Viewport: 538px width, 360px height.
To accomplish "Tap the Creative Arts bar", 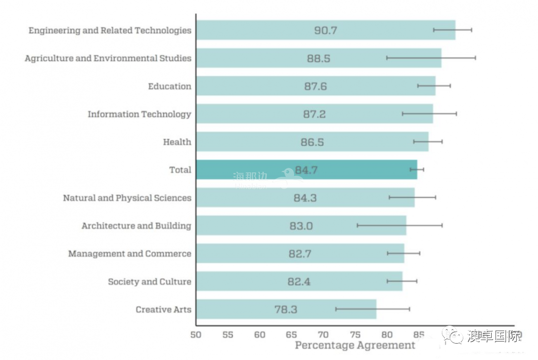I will click(239, 309).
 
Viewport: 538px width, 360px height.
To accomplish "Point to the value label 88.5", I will click(319, 58).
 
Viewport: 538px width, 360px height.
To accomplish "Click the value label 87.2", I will click(314, 114).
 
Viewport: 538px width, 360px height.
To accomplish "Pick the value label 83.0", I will click(301, 226).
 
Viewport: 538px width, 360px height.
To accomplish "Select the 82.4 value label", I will click(299, 281).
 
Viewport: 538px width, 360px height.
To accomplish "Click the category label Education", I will click(169, 86).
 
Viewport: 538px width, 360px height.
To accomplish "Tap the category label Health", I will click(177, 142).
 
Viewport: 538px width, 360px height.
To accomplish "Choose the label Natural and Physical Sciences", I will click(127, 198).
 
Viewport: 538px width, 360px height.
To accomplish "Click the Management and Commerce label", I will click(130, 253).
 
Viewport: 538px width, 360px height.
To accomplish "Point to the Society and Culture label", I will click(149, 281).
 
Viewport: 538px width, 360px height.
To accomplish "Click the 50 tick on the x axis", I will click(196, 335).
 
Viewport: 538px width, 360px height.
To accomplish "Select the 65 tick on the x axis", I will click(291, 335).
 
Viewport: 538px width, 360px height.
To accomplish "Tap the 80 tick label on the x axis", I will click(387, 335).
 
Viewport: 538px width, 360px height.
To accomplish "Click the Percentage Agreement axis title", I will click(355, 345).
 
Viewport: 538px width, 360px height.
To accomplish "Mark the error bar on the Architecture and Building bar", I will click(400, 226).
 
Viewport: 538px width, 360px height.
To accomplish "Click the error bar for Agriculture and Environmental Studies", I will click(431, 58).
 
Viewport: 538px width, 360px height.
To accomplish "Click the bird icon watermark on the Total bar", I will click(287, 175).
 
